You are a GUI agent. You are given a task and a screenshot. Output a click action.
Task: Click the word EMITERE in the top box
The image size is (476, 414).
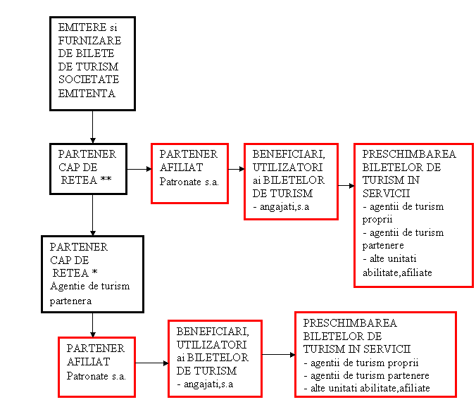(82, 27)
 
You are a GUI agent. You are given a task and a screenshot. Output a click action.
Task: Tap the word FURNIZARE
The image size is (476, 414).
(89, 40)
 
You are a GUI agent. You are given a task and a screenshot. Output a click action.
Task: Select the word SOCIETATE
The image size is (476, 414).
(89, 80)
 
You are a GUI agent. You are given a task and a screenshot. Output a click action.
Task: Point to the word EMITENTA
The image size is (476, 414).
(87, 93)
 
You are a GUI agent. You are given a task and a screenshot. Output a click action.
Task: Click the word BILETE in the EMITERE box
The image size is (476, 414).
(95, 54)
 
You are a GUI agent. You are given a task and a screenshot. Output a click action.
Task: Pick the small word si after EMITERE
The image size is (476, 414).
(113, 28)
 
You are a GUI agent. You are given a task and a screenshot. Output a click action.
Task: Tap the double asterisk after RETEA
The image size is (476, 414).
(106, 178)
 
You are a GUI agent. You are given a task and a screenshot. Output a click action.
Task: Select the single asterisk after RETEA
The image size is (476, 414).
(95, 271)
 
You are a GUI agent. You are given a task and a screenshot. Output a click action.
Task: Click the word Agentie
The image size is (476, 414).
(68, 287)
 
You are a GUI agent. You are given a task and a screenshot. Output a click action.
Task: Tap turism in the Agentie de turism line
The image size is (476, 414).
(115, 287)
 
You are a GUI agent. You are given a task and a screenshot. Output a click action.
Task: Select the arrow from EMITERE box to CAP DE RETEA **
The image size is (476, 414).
(92, 127)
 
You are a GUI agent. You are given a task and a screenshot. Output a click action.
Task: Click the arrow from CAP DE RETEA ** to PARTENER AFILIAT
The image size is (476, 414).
(139, 169)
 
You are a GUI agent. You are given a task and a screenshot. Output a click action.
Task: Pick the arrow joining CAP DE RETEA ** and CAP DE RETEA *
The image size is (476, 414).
(92, 215)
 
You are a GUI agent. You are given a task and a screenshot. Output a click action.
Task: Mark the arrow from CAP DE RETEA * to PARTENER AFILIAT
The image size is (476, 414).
(92, 325)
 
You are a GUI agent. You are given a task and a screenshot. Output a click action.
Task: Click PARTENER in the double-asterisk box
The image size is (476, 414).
(87, 154)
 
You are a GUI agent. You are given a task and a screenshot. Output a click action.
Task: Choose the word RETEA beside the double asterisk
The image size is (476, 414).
(79, 180)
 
